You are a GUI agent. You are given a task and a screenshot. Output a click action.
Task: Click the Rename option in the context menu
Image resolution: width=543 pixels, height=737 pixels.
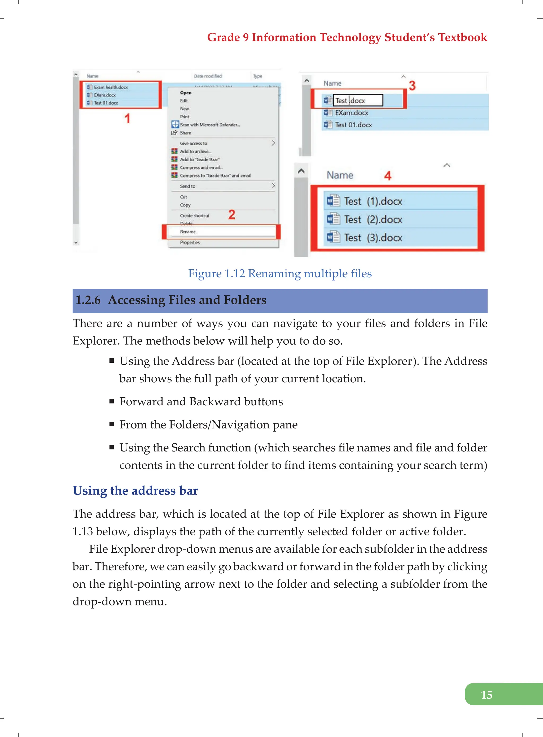coord(188,232)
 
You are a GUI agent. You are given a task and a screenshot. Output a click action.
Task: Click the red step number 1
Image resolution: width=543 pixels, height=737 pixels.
coord(128,118)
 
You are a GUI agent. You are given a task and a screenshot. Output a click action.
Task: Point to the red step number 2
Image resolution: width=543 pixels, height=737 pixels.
coord(231,215)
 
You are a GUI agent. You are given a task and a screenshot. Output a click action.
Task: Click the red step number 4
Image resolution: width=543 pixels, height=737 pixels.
coord(388,176)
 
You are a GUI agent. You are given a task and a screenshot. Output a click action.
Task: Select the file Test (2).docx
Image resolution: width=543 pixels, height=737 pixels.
coord(373,220)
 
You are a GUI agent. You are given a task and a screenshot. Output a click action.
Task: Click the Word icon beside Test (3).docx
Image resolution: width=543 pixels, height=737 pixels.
coord(333,237)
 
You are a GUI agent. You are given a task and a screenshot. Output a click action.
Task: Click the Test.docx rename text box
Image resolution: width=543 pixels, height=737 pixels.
coord(358,101)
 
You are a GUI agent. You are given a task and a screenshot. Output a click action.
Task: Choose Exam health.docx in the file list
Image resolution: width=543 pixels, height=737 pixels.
coord(111,88)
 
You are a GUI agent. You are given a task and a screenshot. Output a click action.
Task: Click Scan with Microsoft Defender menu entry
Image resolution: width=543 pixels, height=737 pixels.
coord(210,125)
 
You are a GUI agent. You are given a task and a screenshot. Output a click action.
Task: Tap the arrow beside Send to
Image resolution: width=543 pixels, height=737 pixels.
coord(273,186)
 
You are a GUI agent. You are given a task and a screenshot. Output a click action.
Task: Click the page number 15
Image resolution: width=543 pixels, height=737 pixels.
coord(487,695)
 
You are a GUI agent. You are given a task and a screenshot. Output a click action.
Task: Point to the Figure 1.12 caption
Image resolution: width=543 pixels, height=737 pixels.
coord(280,274)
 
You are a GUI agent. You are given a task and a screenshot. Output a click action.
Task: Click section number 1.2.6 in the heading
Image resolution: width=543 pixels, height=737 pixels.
coord(88,300)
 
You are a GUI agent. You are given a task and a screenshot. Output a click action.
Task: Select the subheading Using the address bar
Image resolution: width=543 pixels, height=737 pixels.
coord(135,491)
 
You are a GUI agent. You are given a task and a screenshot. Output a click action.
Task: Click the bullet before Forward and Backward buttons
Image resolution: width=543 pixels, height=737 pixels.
coord(112,401)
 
